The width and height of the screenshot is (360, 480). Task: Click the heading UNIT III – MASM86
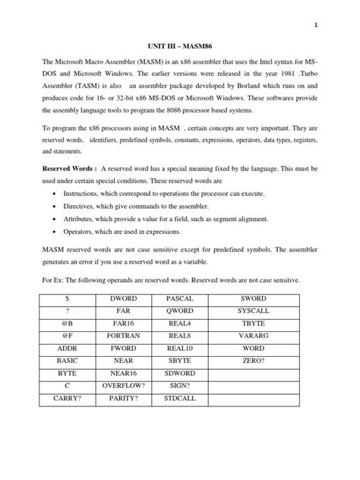coord(180,44)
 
